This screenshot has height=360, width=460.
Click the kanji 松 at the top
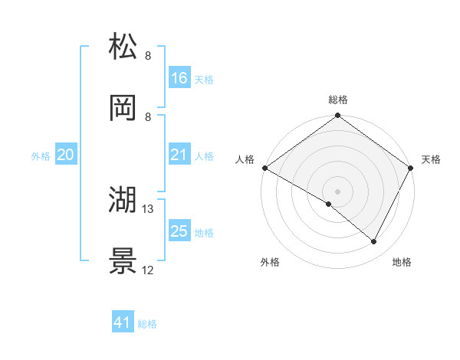tap(123, 47)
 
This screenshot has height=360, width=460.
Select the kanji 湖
tap(123, 201)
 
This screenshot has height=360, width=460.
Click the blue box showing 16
tap(179, 78)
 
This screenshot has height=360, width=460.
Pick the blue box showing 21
tap(179, 155)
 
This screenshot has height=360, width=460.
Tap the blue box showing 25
tap(179, 231)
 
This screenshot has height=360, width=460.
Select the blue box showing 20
tap(65, 155)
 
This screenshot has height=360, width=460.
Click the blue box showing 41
tap(123, 323)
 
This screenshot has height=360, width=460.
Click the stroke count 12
tap(148, 270)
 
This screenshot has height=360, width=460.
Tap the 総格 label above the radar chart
tap(338, 100)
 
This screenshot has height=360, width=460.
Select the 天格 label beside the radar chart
tap(431, 159)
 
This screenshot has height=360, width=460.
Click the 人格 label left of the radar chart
tap(245, 159)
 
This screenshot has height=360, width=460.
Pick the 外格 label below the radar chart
tap(270, 263)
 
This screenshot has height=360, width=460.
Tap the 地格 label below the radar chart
tap(402, 263)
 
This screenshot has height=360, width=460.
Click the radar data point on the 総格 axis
tap(338, 116)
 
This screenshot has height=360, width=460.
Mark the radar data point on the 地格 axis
tap(374, 242)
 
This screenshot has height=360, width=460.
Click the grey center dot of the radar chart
tap(338, 191)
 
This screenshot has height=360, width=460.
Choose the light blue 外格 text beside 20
tap(41, 156)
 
